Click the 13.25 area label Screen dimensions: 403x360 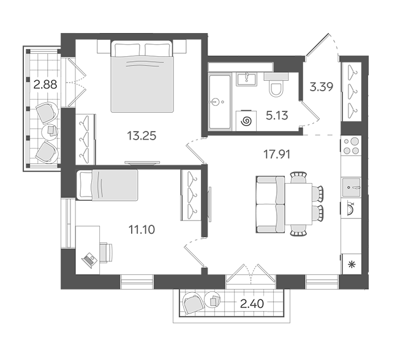(x=141, y=136)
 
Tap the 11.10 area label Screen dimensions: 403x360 (x=141, y=230)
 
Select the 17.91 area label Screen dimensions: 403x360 (x=277, y=154)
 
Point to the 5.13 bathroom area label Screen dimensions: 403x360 (x=277, y=116)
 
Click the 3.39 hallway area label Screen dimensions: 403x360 (x=322, y=87)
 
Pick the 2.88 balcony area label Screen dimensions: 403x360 (x=45, y=84)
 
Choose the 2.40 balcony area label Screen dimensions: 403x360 (x=252, y=304)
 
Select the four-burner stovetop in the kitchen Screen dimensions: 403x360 (x=351, y=146)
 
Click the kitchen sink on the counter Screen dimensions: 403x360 (x=352, y=187)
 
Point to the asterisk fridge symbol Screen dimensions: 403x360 (x=351, y=264)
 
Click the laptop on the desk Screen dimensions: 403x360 (x=89, y=260)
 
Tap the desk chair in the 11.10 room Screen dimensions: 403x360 (x=106, y=253)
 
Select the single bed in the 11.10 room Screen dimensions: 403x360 (x=107, y=184)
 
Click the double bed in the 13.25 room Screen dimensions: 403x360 (x=142, y=77)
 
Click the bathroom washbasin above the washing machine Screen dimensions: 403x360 (x=246, y=79)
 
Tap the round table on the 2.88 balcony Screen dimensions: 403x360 (x=50, y=132)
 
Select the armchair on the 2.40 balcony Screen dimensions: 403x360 (x=193, y=304)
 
